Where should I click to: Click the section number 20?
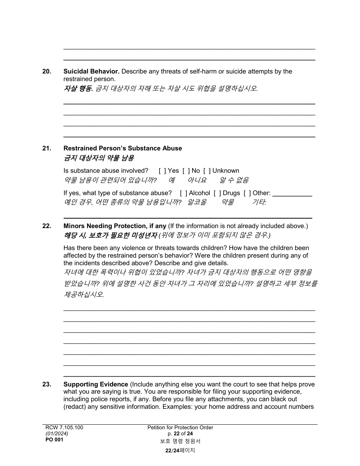47,72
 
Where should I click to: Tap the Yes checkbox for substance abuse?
162,171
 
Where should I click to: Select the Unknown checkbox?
207,171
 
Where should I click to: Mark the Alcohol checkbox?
183,193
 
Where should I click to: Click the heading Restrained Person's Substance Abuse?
122,149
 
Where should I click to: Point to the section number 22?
47,226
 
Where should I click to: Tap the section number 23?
47,385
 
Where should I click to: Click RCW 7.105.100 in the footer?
64,428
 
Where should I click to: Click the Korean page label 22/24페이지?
180,450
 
